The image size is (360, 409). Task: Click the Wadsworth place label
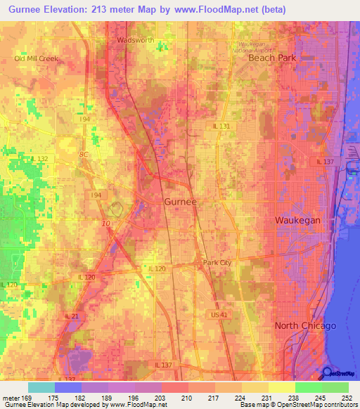pos(135,40)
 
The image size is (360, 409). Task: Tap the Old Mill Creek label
pos(37,58)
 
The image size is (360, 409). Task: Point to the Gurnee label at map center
pos(180,202)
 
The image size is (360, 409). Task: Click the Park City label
pos(217,263)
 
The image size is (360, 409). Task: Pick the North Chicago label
pos(305,326)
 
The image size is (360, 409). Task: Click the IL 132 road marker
pos(40,159)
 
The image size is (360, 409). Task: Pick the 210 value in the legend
pos(188,398)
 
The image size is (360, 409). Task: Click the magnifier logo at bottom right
pos(328,374)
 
